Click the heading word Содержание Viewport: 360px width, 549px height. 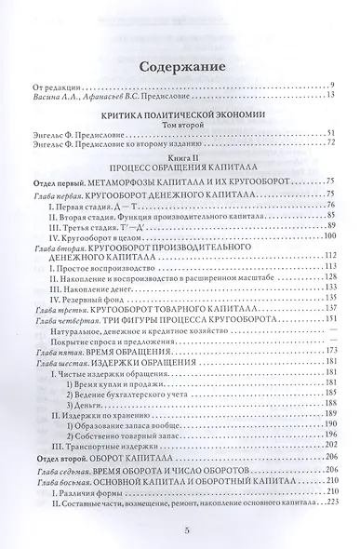tap(180, 68)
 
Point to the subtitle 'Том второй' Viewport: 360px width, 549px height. tap(180, 125)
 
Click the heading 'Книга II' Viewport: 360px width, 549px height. tap(180, 157)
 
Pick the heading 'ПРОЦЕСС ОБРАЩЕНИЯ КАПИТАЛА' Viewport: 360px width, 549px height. tap(180, 167)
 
